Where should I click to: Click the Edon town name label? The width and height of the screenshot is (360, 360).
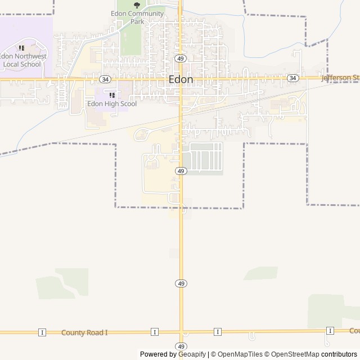pos(181,80)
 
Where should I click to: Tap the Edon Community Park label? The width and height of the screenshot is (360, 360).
pos(137,17)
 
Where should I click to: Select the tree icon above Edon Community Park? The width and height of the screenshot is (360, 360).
pos(137,5)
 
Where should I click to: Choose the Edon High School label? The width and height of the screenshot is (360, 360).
pos(112,104)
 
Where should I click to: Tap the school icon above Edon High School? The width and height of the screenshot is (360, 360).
pos(112,95)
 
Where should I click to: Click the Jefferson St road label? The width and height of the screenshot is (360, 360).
pos(340,78)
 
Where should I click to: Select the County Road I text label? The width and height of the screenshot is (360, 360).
pos(84,332)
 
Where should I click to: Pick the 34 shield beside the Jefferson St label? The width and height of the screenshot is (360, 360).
pos(292,78)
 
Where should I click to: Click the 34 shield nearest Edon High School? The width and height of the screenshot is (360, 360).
pos(105,79)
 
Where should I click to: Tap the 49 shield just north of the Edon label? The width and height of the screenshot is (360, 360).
pos(180,58)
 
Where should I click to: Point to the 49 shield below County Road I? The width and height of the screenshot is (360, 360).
pos(181,346)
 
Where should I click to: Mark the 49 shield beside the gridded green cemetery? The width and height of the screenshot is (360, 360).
pos(181,170)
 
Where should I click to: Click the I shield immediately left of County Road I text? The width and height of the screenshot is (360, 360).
pos(42,332)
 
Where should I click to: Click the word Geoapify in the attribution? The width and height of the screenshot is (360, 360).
pos(192,354)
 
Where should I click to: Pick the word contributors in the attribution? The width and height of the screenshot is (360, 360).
pos(339,354)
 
